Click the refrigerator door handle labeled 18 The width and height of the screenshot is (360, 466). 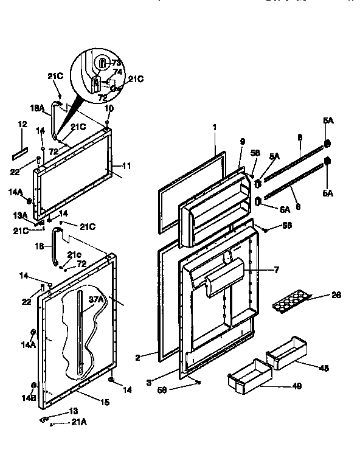(x=57, y=246)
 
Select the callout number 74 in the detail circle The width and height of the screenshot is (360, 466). (x=117, y=71)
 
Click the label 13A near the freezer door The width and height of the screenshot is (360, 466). (x=21, y=215)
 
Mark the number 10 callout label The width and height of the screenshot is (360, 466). (x=109, y=109)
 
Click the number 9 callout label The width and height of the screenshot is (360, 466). (x=242, y=141)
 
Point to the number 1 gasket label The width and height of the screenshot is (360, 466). (x=214, y=128)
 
